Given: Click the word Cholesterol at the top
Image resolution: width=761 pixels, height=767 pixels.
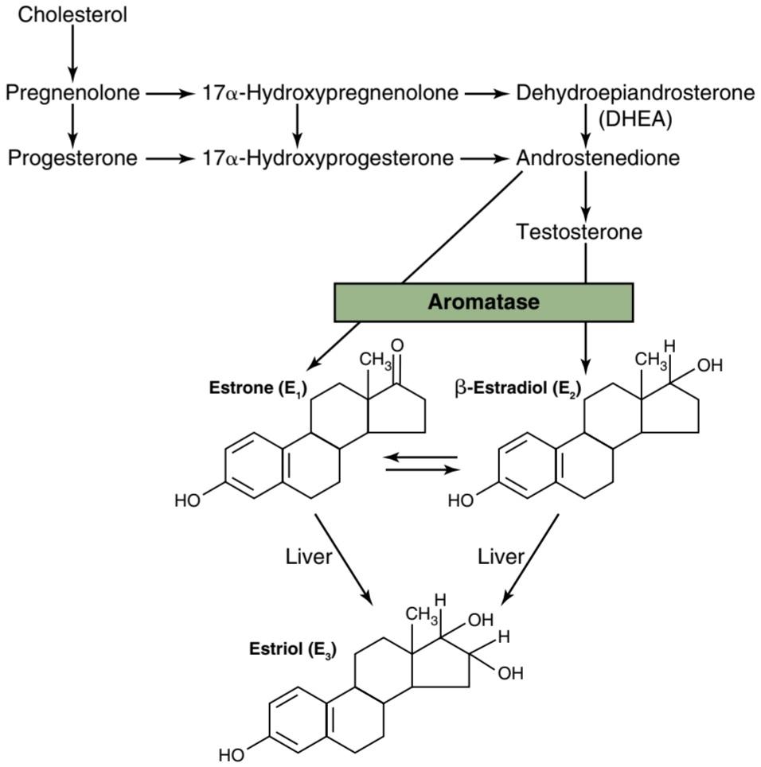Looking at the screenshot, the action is coord(72,14).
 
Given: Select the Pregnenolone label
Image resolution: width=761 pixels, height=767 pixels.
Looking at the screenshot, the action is coord(72,92).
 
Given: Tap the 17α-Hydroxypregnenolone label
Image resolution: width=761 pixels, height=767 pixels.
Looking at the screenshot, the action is coord(330,92).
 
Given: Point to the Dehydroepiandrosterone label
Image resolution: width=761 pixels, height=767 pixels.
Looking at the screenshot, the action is coord(635,92).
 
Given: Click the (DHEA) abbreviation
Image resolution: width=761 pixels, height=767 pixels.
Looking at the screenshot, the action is coord(635,119).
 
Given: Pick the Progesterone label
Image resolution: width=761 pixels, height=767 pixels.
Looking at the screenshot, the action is coord(72,158).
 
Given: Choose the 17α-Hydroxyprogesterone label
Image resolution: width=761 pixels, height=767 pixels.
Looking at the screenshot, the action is coord(328,158).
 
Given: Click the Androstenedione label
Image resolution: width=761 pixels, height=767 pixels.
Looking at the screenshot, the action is coord(598,158).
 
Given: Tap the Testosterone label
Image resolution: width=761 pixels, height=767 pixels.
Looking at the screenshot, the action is coord(579,232).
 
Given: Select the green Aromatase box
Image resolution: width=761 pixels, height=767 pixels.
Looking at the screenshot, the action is coord(483,302).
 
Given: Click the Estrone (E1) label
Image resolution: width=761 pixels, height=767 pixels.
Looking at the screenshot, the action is coord(258,389).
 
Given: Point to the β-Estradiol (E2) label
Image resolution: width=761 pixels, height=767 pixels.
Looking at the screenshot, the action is coord(517,389).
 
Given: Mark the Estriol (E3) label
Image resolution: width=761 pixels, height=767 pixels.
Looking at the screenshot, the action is coord(293,650).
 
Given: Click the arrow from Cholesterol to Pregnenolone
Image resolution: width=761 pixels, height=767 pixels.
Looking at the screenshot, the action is coord(72,53).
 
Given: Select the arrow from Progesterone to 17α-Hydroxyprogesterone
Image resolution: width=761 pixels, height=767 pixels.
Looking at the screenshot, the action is coord(170,158).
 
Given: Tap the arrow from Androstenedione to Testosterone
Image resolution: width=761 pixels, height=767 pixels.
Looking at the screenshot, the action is coord(586,195).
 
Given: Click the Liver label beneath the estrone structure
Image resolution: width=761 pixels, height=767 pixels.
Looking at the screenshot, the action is coord(309,557).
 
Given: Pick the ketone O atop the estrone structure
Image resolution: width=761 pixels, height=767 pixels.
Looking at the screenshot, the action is coord(397,345).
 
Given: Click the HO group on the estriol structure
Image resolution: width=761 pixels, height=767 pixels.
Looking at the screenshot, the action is coord(232,755).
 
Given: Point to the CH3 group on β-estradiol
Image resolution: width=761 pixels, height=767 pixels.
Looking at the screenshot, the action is coord(651,360).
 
